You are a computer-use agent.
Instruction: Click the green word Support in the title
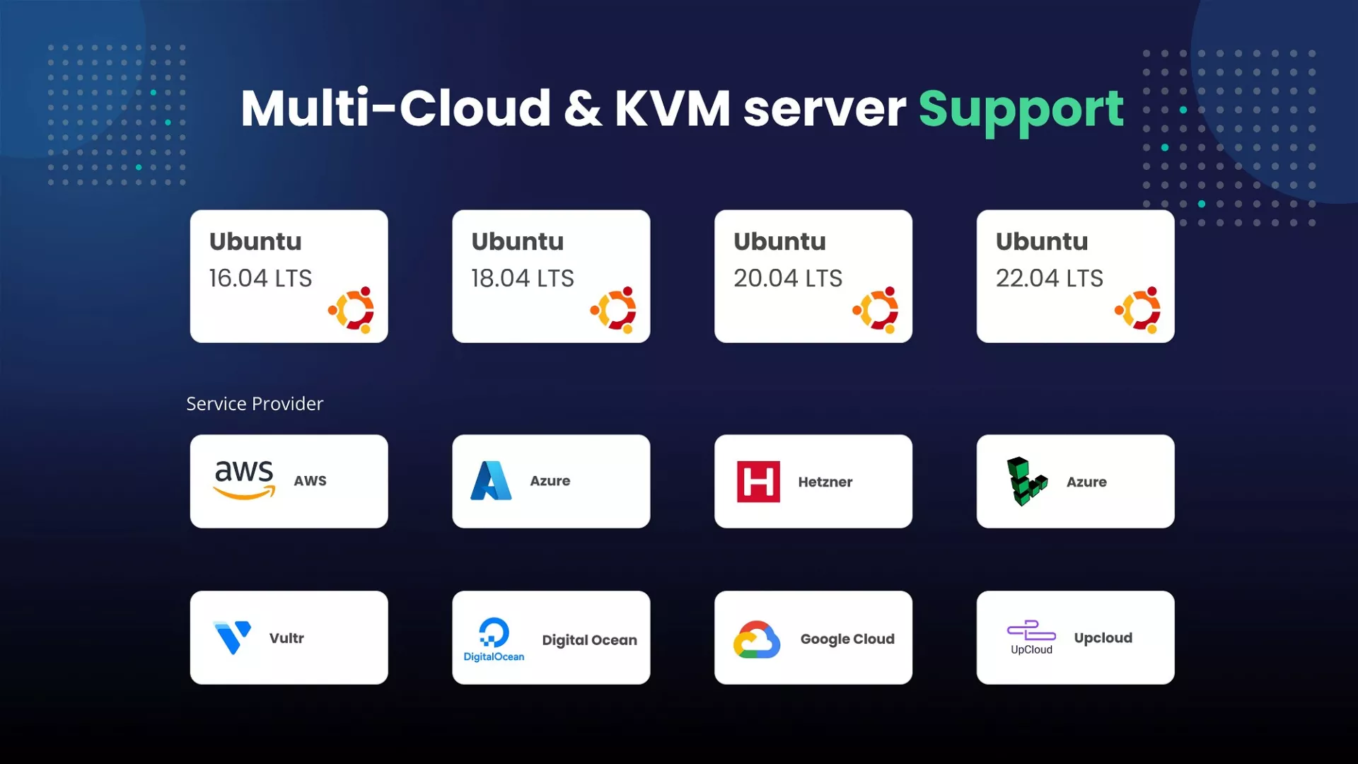1021,110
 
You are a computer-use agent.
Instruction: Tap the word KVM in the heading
672,109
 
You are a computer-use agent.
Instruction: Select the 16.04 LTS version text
260,278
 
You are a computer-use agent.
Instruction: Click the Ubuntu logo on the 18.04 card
614,310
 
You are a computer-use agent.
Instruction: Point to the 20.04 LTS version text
788,278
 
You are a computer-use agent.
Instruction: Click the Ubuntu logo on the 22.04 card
1138,310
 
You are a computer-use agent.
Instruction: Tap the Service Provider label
255,403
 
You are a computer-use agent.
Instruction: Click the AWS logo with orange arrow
244,480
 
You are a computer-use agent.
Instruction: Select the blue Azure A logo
491,481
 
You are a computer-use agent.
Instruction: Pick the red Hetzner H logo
758,482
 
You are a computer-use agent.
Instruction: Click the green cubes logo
1026,482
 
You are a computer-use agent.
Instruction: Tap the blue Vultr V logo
232,637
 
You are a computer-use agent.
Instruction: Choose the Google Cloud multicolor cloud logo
757,639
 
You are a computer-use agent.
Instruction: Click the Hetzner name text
825,482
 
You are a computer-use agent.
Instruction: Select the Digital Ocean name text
589,639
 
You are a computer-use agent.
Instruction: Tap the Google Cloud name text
847,639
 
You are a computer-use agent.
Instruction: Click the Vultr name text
286,638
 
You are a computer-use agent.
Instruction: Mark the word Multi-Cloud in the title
395,109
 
